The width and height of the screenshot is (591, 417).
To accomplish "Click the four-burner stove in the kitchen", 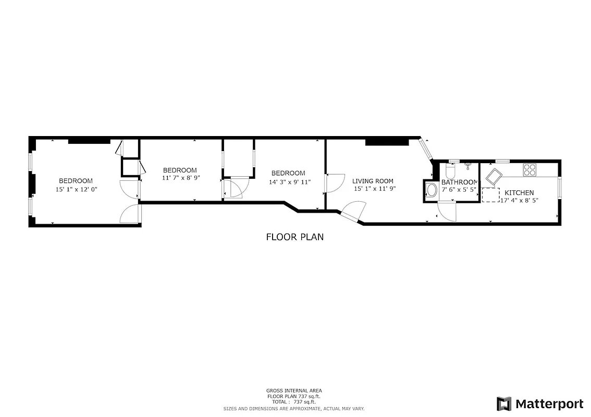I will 530,169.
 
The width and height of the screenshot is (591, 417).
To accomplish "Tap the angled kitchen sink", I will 491,175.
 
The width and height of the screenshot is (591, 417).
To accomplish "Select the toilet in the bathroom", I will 450,170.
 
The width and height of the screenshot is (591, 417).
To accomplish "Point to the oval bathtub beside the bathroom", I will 431,190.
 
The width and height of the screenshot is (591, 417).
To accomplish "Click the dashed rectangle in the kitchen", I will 490,194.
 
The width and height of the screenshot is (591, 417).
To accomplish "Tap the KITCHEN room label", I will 519,192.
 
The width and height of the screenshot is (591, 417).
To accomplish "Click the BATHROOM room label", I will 459,182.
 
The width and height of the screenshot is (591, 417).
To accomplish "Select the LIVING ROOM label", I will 373,181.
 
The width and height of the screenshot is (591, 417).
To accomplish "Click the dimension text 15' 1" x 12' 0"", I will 76,190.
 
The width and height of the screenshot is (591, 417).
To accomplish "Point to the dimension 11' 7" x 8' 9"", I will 181,178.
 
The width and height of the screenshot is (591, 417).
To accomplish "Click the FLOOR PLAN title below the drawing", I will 295,237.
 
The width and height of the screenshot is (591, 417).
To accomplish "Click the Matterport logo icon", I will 503,403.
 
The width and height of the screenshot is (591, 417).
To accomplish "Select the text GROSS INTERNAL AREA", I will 294,390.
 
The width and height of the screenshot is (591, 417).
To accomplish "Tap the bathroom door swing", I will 447,210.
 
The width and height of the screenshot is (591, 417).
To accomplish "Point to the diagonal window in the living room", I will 426,150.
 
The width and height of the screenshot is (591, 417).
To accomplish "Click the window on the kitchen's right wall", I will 560,188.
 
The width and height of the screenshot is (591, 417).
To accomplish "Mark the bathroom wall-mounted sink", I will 469,165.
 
